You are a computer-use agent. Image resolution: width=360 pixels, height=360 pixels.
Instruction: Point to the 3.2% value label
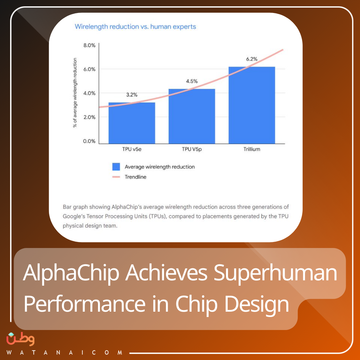click(132, 95)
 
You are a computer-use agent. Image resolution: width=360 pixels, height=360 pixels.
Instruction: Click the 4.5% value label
click(192, 81)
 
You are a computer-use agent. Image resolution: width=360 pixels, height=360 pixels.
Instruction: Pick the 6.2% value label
click(252, 59)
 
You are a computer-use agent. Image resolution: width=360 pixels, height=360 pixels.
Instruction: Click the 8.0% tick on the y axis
click(89, 45)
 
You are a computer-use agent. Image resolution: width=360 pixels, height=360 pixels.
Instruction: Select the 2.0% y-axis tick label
click(89, 117)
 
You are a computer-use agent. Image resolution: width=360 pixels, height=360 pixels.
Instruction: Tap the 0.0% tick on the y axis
click(89, 141)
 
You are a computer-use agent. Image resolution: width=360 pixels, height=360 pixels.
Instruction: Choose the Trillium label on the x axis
click(252, 149)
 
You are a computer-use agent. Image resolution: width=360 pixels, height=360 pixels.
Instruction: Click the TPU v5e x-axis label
click(132, 149)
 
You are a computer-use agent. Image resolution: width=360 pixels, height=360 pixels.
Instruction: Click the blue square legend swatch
click(116, 167)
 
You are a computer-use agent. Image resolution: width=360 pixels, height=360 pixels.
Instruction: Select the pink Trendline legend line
click(116, 177)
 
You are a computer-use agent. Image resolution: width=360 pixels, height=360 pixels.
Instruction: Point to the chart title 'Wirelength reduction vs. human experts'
click(135, 27)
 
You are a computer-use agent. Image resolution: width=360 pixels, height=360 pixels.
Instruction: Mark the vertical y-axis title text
click(75, 93)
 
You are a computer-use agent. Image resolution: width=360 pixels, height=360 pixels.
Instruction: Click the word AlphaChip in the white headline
click(71, 273)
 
